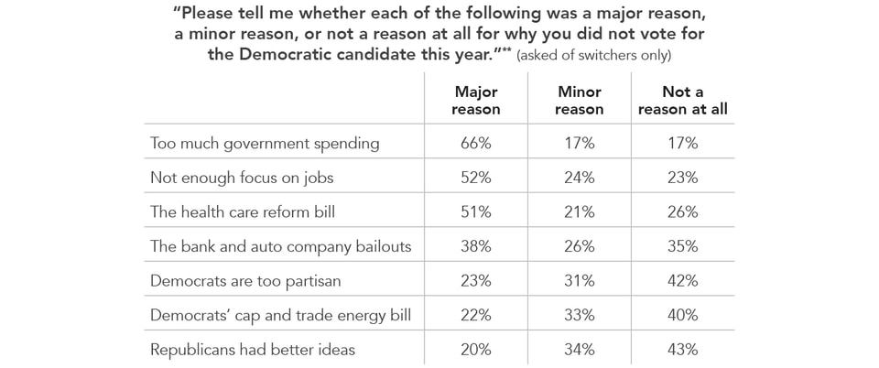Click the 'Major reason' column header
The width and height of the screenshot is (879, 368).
pos(477,101)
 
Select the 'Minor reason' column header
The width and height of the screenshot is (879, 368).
pos(579,101)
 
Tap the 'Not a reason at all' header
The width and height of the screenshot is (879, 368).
pos(682,101)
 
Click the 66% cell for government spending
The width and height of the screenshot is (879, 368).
pos(477,143)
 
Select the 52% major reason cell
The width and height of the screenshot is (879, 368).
pos(477,178)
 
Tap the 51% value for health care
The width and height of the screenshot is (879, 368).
pos(477,211)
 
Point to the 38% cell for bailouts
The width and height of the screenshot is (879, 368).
pos(477,245)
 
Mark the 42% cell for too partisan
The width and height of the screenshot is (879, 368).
pos(682,280)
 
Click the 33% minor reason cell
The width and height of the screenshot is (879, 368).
pos(579,315)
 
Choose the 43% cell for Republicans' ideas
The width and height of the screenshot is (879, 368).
pos(682,349)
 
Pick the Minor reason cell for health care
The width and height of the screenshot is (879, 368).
pos(579,211)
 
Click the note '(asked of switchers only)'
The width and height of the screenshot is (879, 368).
pos(594,56)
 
